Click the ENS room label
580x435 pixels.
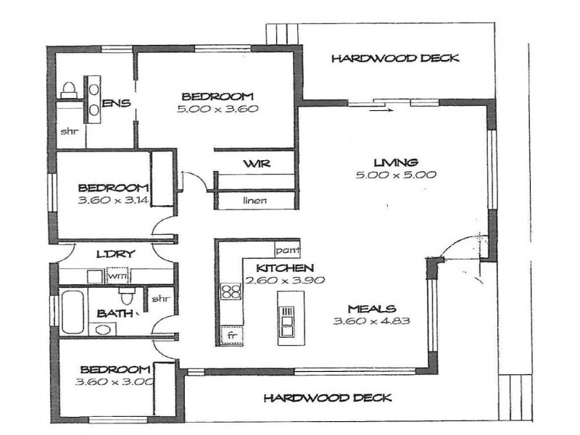[x=116, y=104]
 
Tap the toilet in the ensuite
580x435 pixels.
[x=70, y=89]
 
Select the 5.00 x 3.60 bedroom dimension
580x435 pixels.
[x=217, y=109]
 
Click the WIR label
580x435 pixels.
[x=257, y=164]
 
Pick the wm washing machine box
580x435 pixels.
[x=117, y=276]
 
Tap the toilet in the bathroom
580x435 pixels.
[x=128, y=297]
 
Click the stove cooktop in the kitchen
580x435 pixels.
[x=231, y=292]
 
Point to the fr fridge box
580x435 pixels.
[x=232, y=336]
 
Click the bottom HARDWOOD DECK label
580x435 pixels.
[x=327, y=397]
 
